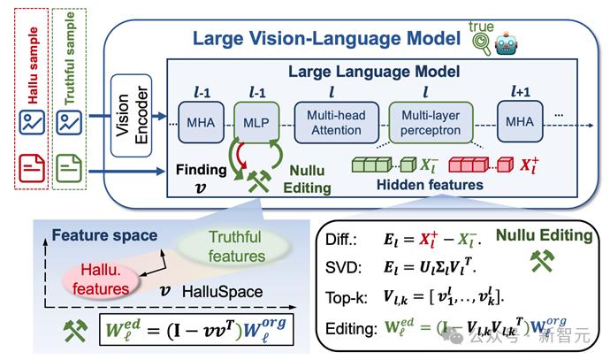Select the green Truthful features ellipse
click(x=235, y=248)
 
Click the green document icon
click(x=67, y=165)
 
